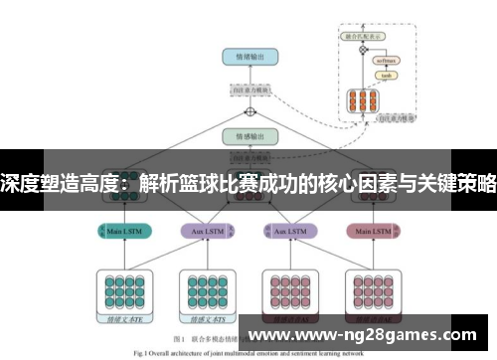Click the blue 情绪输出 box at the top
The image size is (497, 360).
[250, 58]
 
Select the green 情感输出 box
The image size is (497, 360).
[250, 135]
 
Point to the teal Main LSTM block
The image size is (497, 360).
[123, 231]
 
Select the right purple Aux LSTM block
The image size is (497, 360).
[290, 231]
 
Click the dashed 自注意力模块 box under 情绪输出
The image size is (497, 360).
[250, 89]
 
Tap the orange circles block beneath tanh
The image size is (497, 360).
[361, 100]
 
